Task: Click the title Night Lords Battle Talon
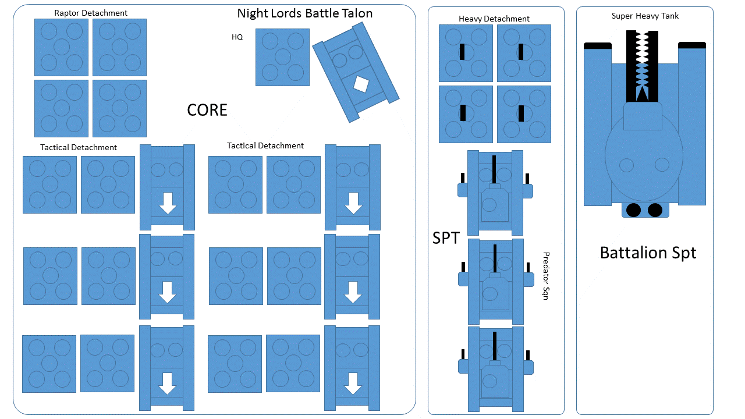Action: tap(304, 13)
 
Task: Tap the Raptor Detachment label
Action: tap(91, 13)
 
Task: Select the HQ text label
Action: tap(237, 37)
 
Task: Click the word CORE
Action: tap(207, 110)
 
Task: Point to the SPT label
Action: tap(446, 238)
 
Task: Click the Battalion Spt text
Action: tap(648, 253)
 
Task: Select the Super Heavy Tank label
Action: tap(645, 16)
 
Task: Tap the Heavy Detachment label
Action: tap(494, 19)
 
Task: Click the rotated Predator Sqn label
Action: tap(546, 276)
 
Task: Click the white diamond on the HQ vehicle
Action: tap(361, 84)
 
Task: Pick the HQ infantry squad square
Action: tap(282, 57)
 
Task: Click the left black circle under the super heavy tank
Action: tap(633, 210)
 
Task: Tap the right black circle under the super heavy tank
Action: tap(655, 210)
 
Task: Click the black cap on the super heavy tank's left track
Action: tap(598, 45)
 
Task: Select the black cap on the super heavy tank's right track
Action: tap(691, 45)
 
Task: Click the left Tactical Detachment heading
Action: tap(79, 147)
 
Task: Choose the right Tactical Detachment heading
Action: tap(265, 145)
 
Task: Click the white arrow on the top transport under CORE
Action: tap(168, 203)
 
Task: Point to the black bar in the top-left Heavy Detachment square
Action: tap(462, 52)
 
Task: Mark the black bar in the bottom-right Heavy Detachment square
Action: tap(521, 113)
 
